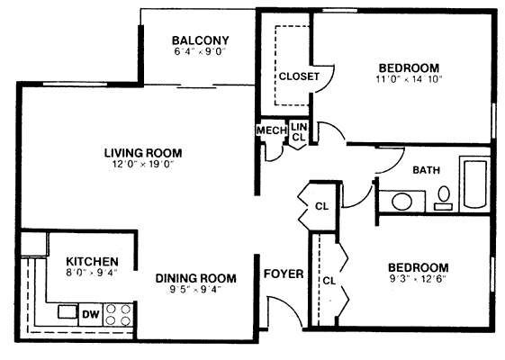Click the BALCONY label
pyautogui.click(x=201, y=40)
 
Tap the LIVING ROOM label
pyautogui.click(x=143, y=153)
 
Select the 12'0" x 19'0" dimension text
pyautogui.click(x=143, y=164)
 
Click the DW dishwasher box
pyautogui.click(x=91, y=315)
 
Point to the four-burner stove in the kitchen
pyautogui.click(x=118, y=315)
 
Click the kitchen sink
pyautogui.click(x=68, y=311)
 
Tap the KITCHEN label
pyautogui.click(x=92, y=261)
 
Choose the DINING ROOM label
pyautogui.click(x=196, y=278)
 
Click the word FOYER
pyautogui.click(x=284, y=274)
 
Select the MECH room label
pyautogui.click(x=272, y=130)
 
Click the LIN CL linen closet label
pyautogui.click(x=299, y=131)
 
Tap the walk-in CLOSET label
pyautogui.click(x=299, y=76)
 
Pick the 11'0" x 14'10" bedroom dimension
pyautogui.click(x=409, y=79)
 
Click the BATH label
pyautogui.click(x=427, y=170)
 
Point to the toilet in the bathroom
pyautogui.click(x=444, y=198)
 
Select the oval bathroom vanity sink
pyautogui.click(x=401, y=202)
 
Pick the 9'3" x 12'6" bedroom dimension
pyautogui.click(x=419, y=279)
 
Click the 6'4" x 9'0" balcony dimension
pyautogui.click(x=200, y=52)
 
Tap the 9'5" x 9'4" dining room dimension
pyautogui.click(x=196, y=290)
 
